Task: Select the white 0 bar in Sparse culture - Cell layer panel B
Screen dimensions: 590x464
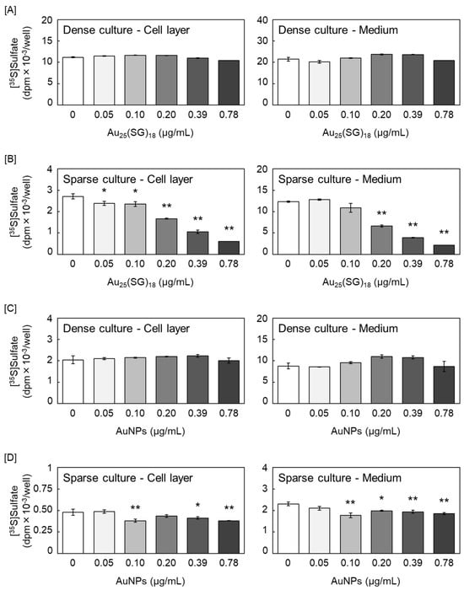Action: [74, 224]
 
